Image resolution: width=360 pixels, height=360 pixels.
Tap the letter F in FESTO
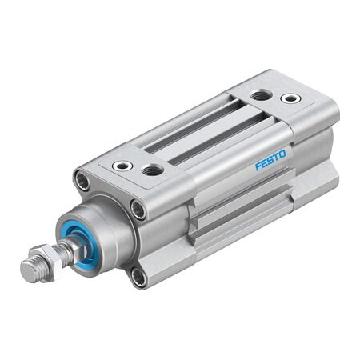click(x=258, y=166)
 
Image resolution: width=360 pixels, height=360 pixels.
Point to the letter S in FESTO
click(x=267, y=161)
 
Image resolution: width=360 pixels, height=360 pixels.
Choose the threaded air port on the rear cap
click(x=261, y=95)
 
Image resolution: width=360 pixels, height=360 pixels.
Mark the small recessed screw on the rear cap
click(x=290, y=98)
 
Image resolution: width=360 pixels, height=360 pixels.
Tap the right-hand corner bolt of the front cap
click(x=138, y=210)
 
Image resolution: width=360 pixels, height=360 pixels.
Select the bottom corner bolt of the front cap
click(x=138, y=277)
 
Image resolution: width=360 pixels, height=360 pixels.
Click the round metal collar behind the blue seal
click(x=112, y=232)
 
